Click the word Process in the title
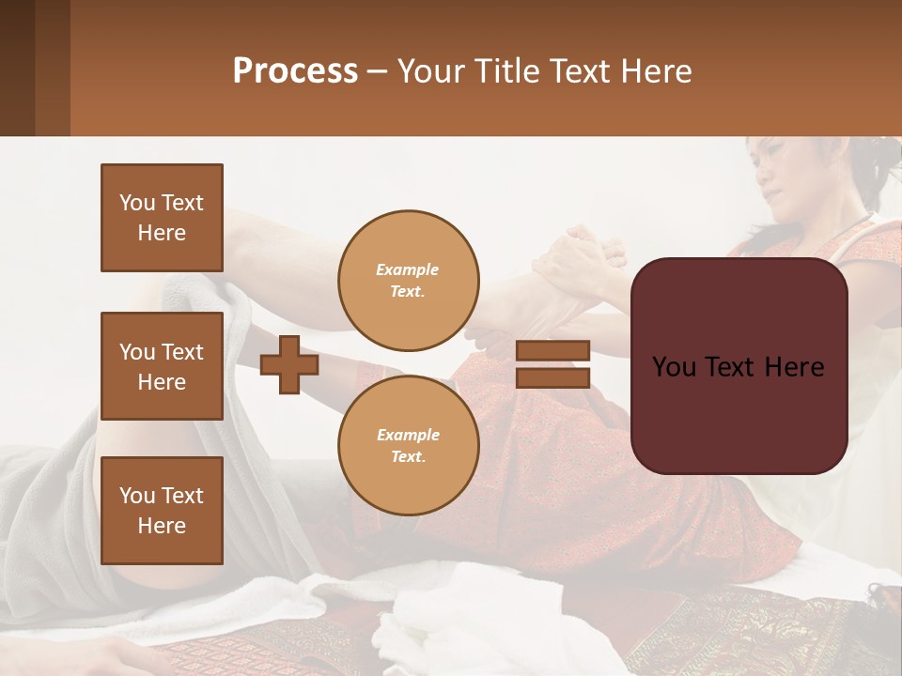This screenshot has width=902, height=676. (295, 71)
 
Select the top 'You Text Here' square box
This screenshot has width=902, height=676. (162, 218)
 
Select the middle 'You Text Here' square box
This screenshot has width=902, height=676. (162, 366)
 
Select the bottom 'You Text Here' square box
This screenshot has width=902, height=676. (162, 511)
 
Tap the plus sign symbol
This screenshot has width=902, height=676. (289, 364)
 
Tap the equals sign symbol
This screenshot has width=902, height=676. (552, 364)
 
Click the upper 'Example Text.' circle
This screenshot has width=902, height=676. (408, 281)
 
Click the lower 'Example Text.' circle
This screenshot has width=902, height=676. (408, 445)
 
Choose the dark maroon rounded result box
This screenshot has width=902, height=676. (739, 366)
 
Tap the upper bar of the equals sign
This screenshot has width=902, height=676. (552, 350)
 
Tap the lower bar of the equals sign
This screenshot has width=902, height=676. (552, 377)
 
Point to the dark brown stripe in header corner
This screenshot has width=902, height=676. (17, 68)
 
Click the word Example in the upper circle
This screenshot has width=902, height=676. (408, 269)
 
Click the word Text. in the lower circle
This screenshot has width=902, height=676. (408, 457)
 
